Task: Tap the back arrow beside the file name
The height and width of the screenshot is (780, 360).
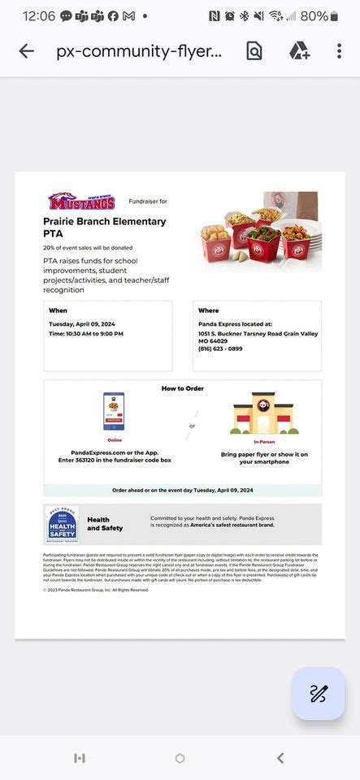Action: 26,51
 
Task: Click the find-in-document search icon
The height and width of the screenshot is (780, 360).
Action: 254,51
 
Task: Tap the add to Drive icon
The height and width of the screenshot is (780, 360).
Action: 299,51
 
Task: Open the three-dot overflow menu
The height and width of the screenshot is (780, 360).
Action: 339,51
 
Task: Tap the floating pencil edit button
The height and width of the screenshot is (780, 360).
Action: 318,693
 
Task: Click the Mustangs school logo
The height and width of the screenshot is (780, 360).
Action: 81,201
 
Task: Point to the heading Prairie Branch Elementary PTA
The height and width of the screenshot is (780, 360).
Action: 104,227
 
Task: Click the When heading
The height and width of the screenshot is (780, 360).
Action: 58,310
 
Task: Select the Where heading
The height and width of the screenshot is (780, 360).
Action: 208,310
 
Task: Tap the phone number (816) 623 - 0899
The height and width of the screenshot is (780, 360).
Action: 220,349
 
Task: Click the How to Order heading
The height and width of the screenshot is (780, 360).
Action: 183,388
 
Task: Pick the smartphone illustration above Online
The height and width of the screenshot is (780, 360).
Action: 114,412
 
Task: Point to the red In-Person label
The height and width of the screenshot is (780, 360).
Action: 264,440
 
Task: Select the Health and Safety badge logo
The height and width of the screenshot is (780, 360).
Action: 63,525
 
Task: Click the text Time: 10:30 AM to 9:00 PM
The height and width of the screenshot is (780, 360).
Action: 86,334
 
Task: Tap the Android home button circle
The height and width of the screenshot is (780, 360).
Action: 180,758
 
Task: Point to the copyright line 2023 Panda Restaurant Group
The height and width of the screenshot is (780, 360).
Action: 96,590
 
